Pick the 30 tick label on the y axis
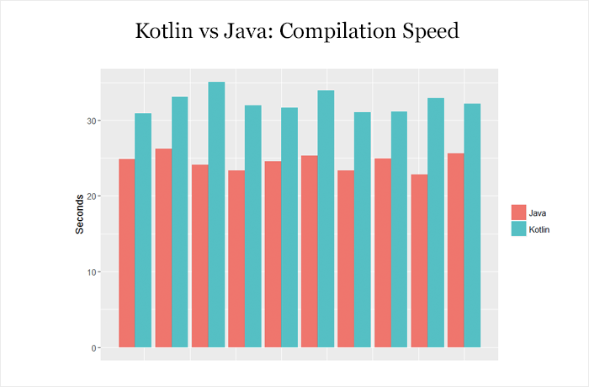pyautogui.click(x=92, y=121)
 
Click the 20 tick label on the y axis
pyautogui.click(x=92, y=196)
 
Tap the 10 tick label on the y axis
pyautogui.click(x=92, y=272)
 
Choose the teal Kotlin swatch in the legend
pyautogui.click(x=519, y=228)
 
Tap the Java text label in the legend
pyautogui.click(x=539, y=212)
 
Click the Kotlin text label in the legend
pyautogui.click(x=542, y=228)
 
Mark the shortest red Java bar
pyautogui.click(x=418, y=261)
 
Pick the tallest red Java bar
pyautogui.click(x=163, y=248)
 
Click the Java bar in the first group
pyautogui.click(x=126, y=253)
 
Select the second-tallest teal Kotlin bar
pyautogui.click(x=326, y=218)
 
